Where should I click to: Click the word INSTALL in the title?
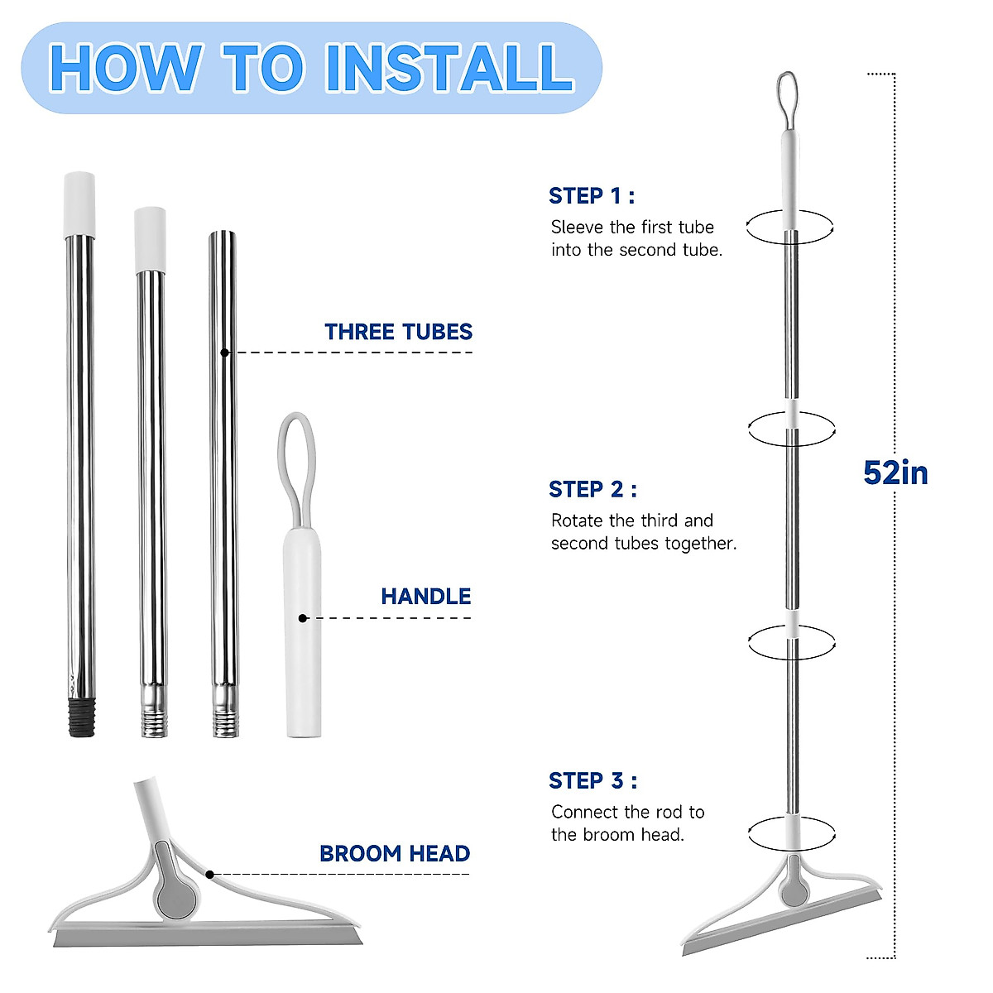pos(449,68)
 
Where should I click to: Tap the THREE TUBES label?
pos(398,332)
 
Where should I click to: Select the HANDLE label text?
pos(425,596)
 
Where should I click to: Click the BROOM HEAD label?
pos(395,853)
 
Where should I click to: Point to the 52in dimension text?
pos(895,473)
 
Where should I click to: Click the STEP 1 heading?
pos(592,196)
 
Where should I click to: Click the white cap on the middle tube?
pos(150,239)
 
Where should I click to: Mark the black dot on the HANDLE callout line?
pos(303,618)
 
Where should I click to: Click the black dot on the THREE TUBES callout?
pos(224,353)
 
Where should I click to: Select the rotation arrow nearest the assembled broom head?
pos(791,832)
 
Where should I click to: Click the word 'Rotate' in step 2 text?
pos(578,520)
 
